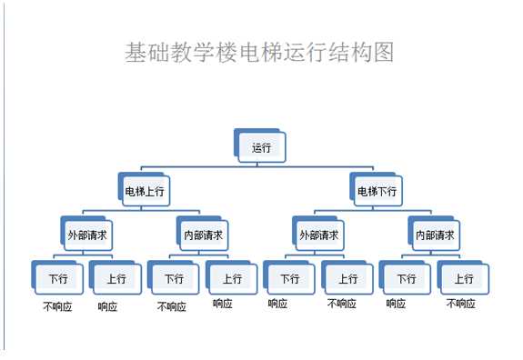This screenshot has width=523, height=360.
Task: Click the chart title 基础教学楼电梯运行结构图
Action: click(x=259, y=52)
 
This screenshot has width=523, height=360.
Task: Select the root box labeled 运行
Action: click(x=262, y=147)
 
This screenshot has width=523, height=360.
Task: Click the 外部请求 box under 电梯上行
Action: click(x=87, y=235)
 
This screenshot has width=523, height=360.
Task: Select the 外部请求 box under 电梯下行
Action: click(x=319, y=235)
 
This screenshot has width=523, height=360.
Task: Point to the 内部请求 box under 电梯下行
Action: click(x=436, y=235)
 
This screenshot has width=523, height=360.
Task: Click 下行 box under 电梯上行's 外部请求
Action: click(x=58, y=278)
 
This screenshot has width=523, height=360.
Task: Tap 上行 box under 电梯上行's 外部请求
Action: click(x=116, y=278)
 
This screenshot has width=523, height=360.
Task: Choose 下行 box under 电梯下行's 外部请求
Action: click(x=290, y=278)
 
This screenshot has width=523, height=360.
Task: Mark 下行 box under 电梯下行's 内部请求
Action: click(x=407, y=278)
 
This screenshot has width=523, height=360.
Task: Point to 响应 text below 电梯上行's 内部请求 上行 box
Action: click(x=223, y=304)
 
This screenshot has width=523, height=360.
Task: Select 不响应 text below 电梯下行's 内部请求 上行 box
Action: click(x=461, y=304)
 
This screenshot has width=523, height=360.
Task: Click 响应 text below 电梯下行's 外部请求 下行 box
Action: click(x=278, y=304)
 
